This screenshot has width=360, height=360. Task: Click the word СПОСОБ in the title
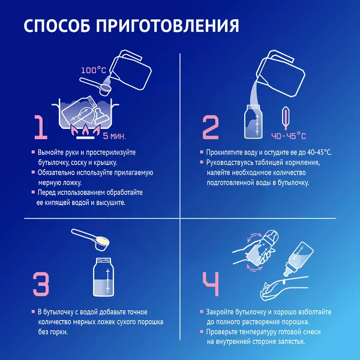(57, 25)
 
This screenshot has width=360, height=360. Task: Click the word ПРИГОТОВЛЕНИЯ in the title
(167, 25)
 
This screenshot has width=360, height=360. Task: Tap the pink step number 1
(41, 127)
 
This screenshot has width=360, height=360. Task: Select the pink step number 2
(211, 127)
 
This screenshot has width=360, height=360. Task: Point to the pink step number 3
(41, 284)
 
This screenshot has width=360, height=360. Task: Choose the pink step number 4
(211, 284)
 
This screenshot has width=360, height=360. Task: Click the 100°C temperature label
(94, 70)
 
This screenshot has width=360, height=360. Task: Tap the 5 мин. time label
(115, 136)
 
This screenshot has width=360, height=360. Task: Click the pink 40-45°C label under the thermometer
(289, 136)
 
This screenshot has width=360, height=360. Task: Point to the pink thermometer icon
(285, 118)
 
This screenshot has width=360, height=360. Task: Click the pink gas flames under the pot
(85, 130)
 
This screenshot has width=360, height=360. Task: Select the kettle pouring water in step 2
(281, 73)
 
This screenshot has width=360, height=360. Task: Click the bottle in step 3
(103, 277)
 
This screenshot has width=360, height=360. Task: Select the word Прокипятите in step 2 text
(223, 152)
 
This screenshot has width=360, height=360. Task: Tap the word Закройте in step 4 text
(220, 312)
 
